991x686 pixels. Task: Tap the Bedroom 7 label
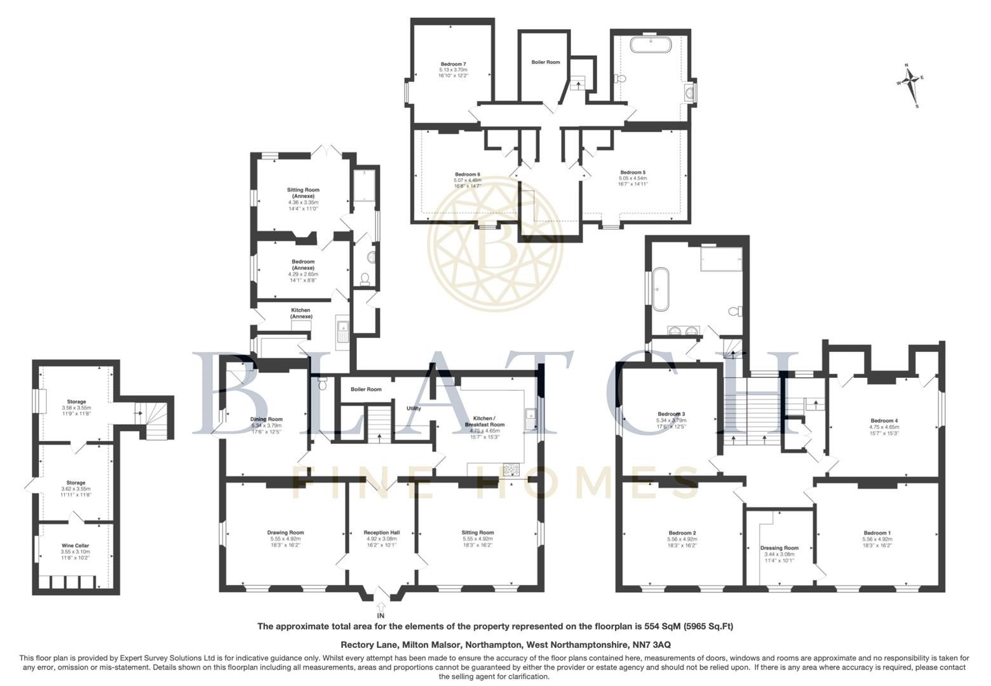pos(454,64)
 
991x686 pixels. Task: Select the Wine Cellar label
pos(75,546)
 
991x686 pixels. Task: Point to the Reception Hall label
pos(381,533)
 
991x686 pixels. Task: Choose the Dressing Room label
pos(779,548)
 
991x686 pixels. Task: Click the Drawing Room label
pos(285,533)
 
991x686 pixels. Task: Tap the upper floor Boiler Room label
pos(545,62)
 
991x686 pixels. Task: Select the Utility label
pos(414,408)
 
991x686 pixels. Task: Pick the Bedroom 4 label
pos(884,420)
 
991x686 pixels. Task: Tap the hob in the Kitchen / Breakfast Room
pos(511,470)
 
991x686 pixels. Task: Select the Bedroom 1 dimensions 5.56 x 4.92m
pos(877,539)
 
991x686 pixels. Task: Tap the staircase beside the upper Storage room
pos(156,419)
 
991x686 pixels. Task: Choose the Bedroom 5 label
pos(633,172)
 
